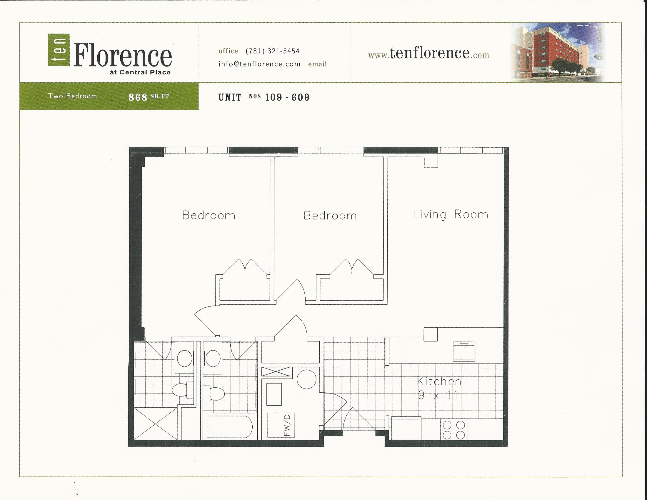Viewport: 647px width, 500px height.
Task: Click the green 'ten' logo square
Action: pyautogui.click(x=59, y=50)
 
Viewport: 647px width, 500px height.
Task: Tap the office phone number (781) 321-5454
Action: pyautogui.click(x=273, y=51)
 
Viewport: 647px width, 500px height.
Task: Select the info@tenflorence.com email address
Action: pyautogui.click(x=259, y=64)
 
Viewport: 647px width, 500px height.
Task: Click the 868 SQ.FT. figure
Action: pyautogui.click(x=149, y=97)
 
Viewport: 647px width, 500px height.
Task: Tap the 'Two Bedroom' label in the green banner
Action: pyautogui.click(x=73, y=96)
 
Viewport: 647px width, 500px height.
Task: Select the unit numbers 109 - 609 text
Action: pyautogui.click(x=287, y=97)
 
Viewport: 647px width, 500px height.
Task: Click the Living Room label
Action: pyautogui.click(x=450, y=214)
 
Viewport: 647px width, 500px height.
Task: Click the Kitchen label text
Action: pyautogui.click(x=439, y=381)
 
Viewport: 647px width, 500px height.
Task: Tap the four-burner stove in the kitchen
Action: pyautogui.click(x=453, y=430)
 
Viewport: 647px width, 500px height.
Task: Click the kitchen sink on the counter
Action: pyautogui.click(x=463, y=351)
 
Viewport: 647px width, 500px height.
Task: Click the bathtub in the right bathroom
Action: pyautogui.click(x=229, y=427)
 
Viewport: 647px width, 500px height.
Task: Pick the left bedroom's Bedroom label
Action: pyautogui.click(x=209, y=215)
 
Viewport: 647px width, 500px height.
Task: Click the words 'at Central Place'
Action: pyautogui.click(x=140, y=73)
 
